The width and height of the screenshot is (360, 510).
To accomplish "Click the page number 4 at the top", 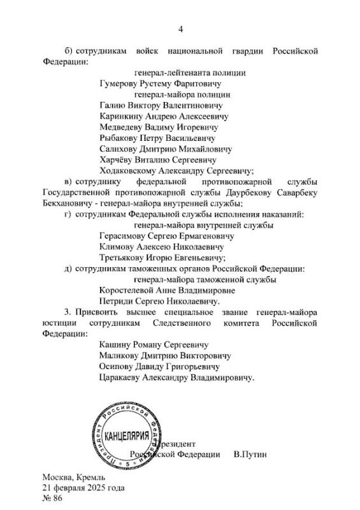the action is pyautogui.click(x=180, y=28).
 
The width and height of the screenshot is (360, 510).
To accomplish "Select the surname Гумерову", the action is pyautogui.click(x=119, y=83).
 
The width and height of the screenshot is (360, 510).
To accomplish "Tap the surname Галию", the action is pyautogui.click(x=113, y=105).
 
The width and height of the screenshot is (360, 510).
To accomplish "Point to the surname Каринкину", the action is pyautogui.click(x=122, y=116).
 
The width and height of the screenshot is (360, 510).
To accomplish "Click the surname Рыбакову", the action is pyautogui.click(x=119, y=138).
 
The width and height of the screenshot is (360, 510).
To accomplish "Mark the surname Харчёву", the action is pyautogui.click(x=117, y=159).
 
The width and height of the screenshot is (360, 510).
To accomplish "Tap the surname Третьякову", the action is pyautogui.click(x=124, y=258).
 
